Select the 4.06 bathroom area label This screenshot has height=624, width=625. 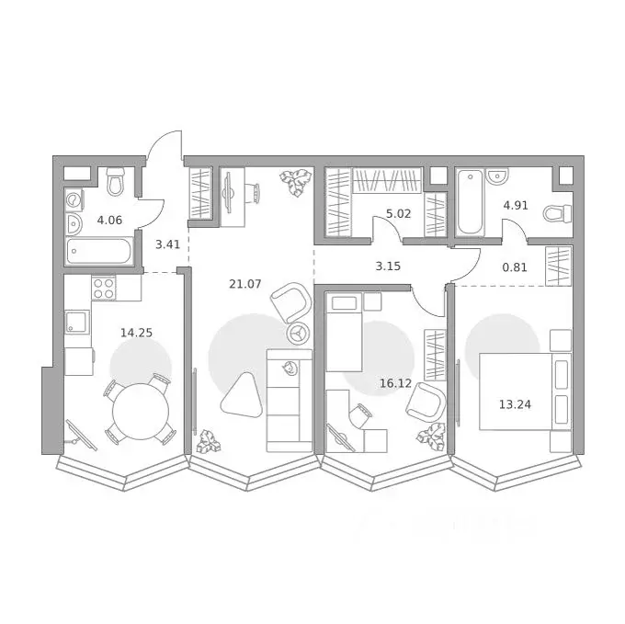pyautogui.click(x=109, y=219)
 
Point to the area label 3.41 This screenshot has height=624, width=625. pyautogui.click(x=167, y=244)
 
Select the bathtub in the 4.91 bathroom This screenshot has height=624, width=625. pyautogui.click(x=469, y=202)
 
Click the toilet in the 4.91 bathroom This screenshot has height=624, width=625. pyautogui.click(x=557, y=214)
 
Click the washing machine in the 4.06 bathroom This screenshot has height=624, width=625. pyautogui.click(x=74, y=199)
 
